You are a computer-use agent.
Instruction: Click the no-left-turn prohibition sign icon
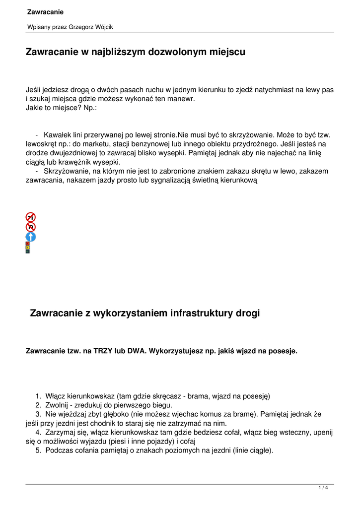[x=31, y=217]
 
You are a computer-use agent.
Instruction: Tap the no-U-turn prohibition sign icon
[x=31, y=227]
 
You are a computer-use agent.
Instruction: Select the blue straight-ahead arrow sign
[x=31, y=237]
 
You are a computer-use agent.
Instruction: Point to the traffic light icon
[x=28, y=248]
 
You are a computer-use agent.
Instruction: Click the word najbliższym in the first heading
[x=114, y=52]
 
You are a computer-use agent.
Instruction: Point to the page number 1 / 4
[x=323, y=488]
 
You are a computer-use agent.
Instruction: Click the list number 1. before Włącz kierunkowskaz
[x=38, y=396]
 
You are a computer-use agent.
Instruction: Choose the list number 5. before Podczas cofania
[x=38, y=450]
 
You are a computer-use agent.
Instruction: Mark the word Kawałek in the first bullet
[x=57, y=134]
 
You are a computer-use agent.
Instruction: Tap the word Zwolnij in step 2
[x=57, y=405]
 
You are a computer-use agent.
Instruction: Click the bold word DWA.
[x=136, y=351]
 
